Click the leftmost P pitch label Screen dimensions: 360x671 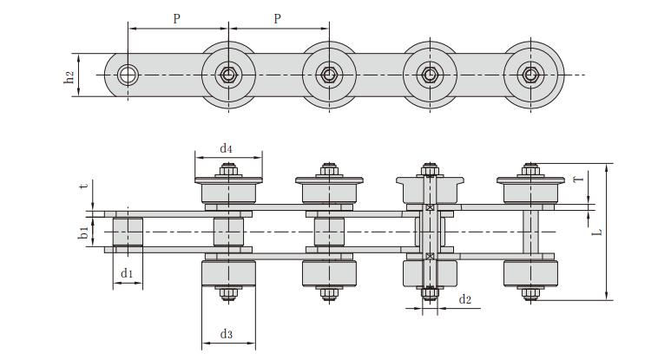(x=176, y=18)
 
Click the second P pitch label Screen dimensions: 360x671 (x=277, y=18)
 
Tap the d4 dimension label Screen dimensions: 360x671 (x=226, y=148)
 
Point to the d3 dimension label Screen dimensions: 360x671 (x=227, y=333)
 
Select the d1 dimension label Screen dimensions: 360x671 (x=127, y=273)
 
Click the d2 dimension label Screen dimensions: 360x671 (x=465, y=299)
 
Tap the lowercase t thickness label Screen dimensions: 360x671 (x=83, y=185)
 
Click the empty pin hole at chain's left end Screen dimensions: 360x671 (x=128, y=75)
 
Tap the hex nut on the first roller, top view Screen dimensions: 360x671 (x=228, y=75)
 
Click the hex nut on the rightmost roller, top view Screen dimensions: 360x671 (x=530, y=75)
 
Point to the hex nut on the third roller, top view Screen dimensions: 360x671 (x=430, y=75)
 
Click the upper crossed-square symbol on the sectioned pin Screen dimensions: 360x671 (x=430, y=208)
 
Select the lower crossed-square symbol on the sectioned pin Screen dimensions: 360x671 (x=430, y=256)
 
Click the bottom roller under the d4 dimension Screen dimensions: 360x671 (x=228, y=273)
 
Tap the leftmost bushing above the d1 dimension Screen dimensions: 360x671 (x=128, y=232)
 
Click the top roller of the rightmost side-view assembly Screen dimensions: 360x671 (x=530, y=190)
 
